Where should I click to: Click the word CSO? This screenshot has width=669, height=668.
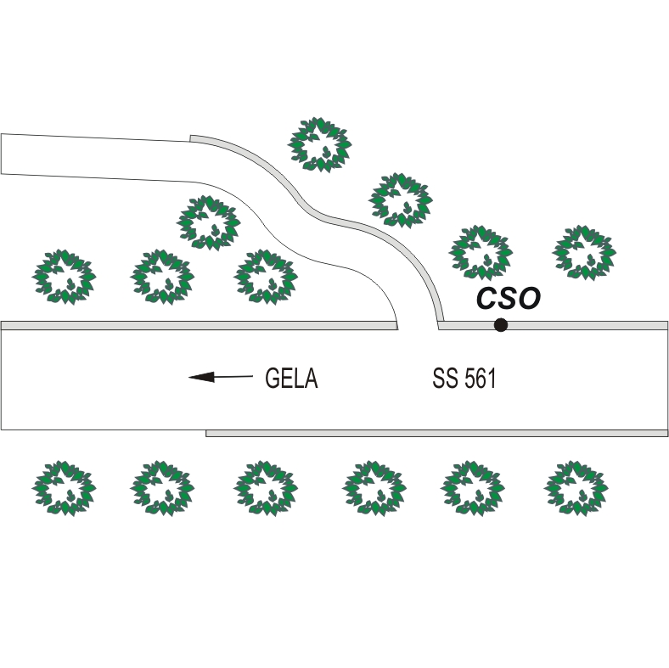[x=508, y=298]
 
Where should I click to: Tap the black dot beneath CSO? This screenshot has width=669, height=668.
[x=501, y=324]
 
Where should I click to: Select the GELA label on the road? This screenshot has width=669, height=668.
[x=291, y=378]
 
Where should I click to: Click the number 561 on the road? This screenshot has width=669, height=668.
[x=480, y=379]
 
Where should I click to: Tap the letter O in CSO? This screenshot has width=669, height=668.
[x=528, y=298]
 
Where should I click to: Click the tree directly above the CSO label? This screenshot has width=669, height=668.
[x=481, y=252]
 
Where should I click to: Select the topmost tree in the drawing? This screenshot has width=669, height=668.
[x=321, y=144]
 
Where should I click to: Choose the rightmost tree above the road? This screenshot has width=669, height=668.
[x=584, y=252]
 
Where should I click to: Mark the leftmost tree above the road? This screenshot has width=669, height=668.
[x=65, y=277]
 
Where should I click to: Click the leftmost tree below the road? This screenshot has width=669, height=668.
[x=65, y=489]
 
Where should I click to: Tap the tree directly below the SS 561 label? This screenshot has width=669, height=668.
[x=473, y=489]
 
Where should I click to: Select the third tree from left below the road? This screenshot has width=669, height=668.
[x=267, y=489]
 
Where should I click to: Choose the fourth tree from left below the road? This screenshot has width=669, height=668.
[x=374, y=489]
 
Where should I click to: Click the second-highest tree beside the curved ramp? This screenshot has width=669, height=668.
[x=401, y=200]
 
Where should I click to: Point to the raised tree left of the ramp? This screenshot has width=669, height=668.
[x=208, y=222]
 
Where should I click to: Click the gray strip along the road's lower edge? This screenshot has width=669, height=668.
[x=436, y=433]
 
